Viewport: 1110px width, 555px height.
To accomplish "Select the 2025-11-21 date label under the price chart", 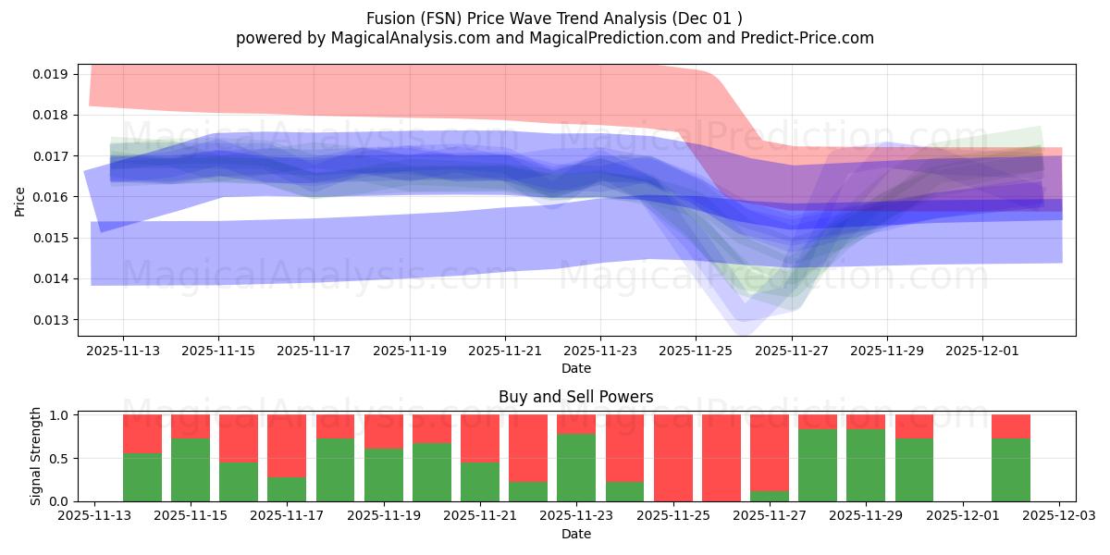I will (505, 351).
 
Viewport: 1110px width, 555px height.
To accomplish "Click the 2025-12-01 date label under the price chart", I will (982, 351).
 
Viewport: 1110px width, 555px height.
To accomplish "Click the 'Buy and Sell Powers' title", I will (575, 397).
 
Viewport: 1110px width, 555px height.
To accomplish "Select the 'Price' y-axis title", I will (20, 201).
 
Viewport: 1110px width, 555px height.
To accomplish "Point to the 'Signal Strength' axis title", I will (36, 456).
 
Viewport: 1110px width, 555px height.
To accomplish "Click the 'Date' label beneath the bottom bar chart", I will (575, 534).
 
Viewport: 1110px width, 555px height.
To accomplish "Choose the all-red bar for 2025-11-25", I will (673, 458).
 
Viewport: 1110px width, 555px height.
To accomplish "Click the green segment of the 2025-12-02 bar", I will (1011, 470).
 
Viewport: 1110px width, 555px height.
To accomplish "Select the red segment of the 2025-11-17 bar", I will (287, 446).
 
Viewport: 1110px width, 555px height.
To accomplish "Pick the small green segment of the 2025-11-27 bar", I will (770, 496).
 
